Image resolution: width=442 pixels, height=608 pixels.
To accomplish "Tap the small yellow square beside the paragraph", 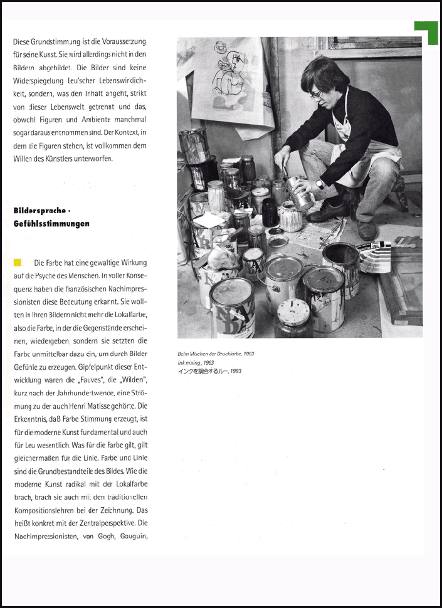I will click(x=18, y=262).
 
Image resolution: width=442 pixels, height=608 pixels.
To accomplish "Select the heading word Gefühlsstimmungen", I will click(x=51, y=223).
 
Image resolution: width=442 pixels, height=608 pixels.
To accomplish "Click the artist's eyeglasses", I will click(x=316, y=94).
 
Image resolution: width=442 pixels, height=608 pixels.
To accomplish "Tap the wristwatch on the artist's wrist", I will click(x=319, y=184).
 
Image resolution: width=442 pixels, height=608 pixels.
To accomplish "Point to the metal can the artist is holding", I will click(x=300, y=193).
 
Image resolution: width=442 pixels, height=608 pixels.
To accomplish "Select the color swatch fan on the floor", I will click(x=375, y=254).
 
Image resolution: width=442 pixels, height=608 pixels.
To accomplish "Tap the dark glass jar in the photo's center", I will click(x=270, y=213).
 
